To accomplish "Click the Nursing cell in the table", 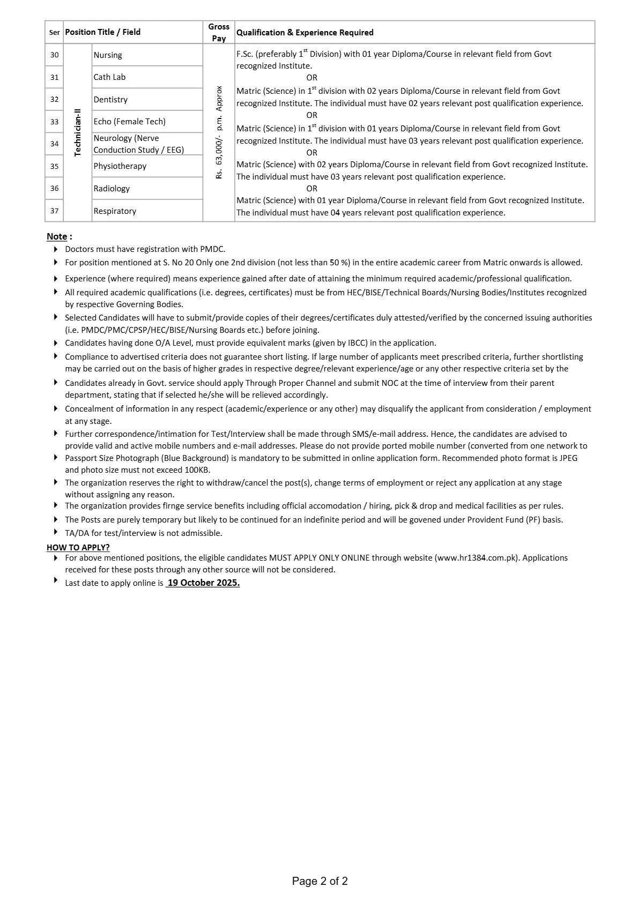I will coord(108,55).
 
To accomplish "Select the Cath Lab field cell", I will coord(109,77).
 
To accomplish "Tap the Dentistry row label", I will coord(110,100).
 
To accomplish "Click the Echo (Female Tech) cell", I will coord(129,122).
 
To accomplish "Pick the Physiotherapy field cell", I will coord(120,166).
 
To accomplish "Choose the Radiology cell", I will coord(112,189).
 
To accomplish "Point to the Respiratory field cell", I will coord(115,211).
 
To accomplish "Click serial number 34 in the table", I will coord(54,144).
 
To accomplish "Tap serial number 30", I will coord(54,55).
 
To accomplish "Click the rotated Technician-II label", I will coord(78,132).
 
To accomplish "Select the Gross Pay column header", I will coord(219,32).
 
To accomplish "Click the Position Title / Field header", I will coord(103,32).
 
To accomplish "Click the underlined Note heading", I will coord(57,236).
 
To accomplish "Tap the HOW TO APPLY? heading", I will coord(78,547).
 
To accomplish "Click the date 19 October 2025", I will coord(203,583).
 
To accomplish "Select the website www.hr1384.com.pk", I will coord(477,558).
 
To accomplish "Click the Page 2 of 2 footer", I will coord(320,881).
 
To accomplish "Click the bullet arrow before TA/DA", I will coord(56,532).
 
